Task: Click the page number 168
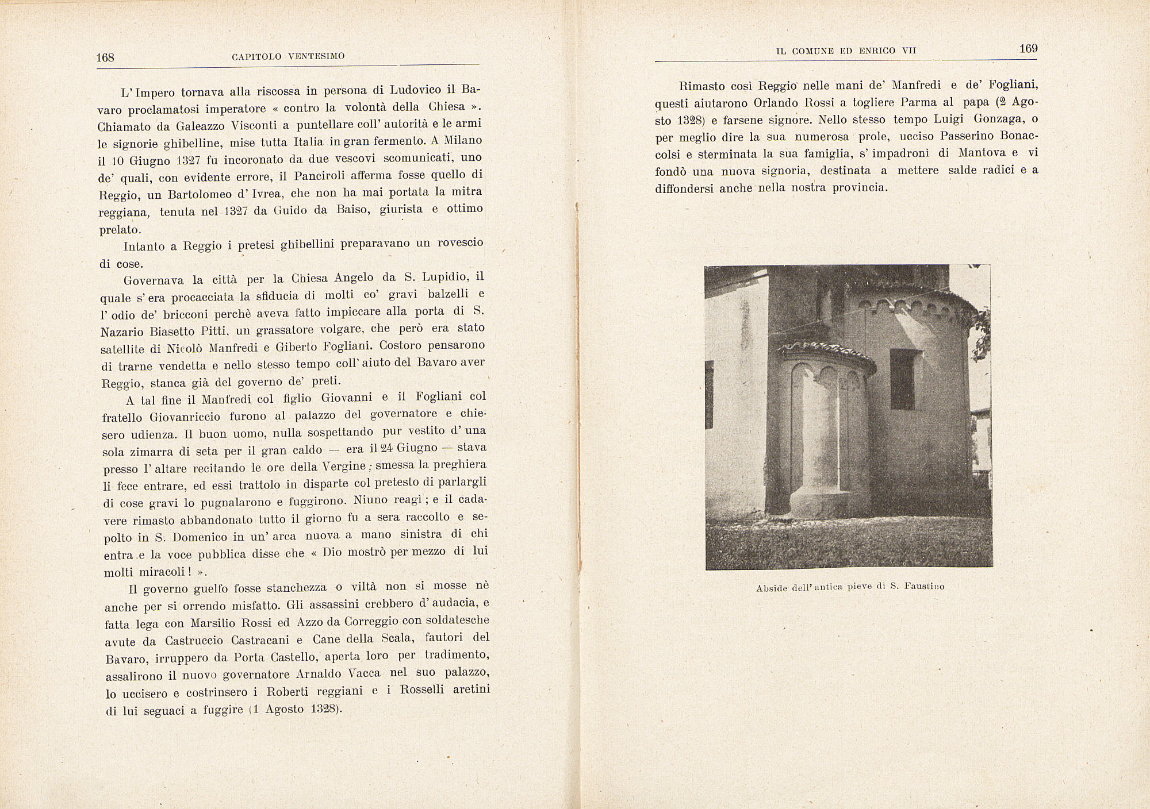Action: coord(106,57)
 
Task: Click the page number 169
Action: coord(1028,49)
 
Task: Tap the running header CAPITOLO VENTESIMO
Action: coord(288,56)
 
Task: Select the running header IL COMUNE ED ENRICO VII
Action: coord(845,51)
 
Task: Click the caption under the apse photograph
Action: coord(850,587)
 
